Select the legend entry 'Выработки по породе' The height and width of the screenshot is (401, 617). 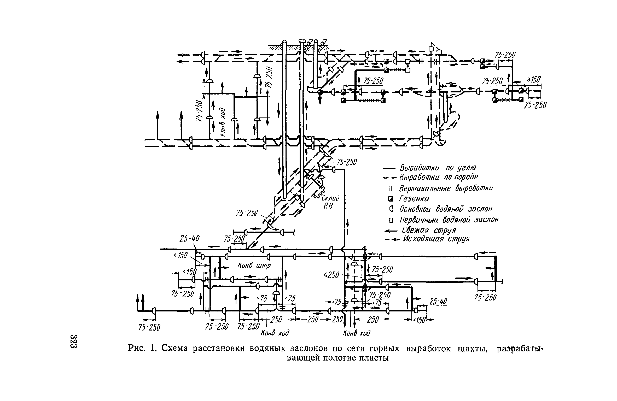coord(439,177)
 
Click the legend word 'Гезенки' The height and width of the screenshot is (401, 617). coord(414,199)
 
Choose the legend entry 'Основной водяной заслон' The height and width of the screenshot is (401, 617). coord(446,209)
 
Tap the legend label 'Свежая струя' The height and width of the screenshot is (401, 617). coord(429,230)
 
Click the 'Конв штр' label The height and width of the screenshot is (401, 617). coord(254,266)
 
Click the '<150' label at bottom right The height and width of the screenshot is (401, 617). coord(420,320)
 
